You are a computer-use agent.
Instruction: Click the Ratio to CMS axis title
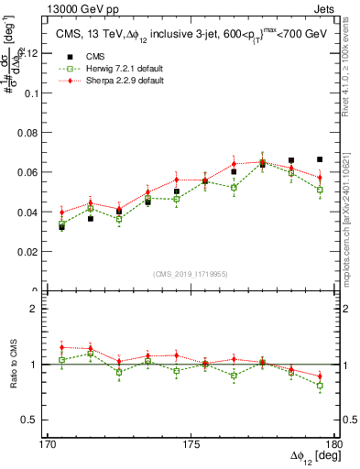14,365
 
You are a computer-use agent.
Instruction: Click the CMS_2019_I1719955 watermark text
190,273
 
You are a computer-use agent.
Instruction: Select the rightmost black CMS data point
320,159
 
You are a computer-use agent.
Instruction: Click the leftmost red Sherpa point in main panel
61,212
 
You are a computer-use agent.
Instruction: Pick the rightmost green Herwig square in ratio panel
320,386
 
